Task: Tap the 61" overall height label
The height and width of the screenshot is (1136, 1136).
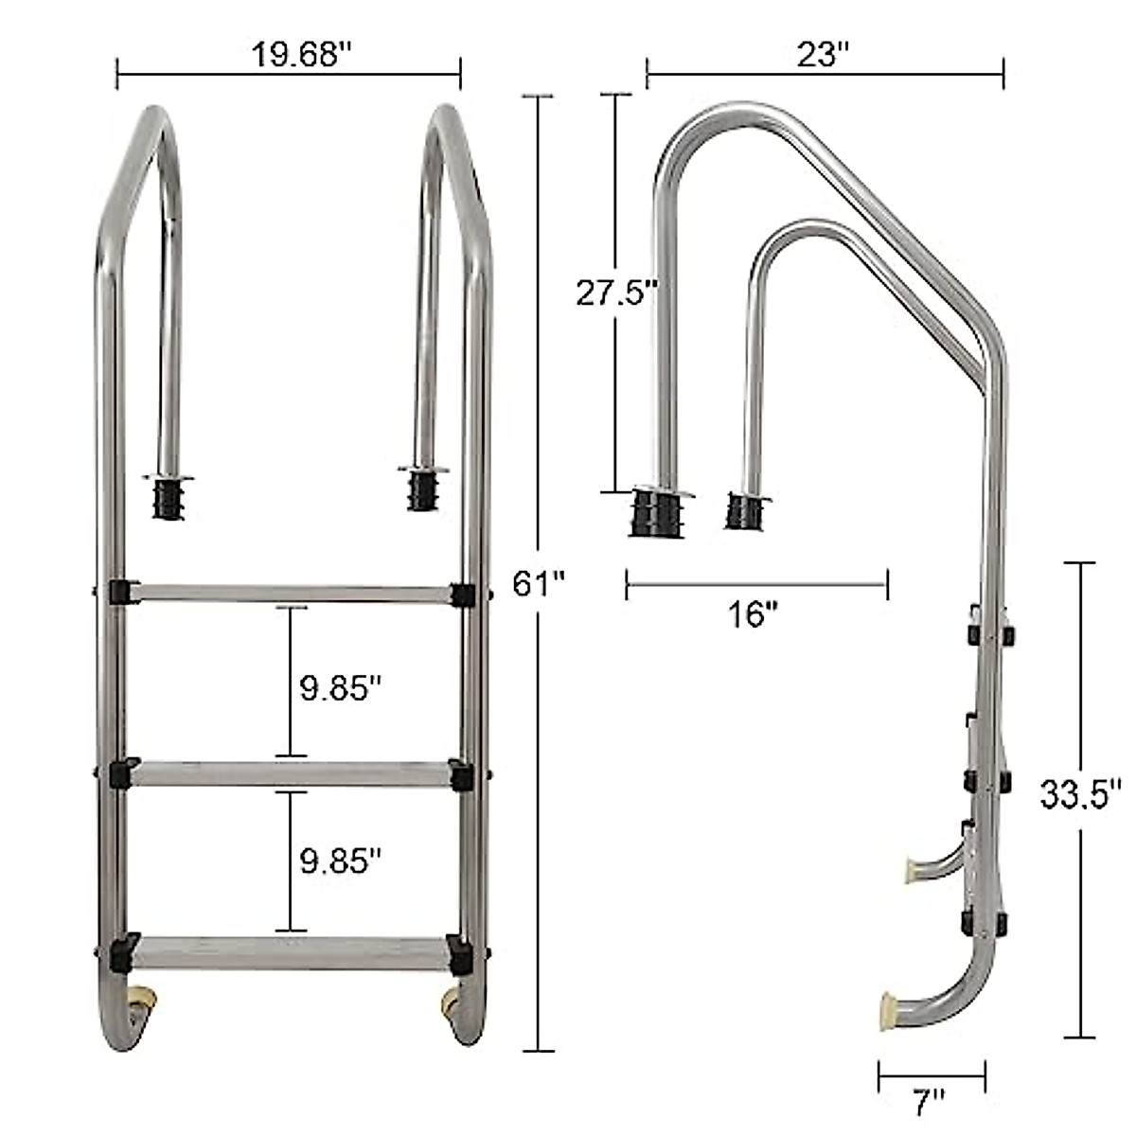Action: (539, 583)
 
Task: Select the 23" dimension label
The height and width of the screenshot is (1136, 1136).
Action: (820, 55)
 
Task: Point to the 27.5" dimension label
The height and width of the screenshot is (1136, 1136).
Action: (616, 293)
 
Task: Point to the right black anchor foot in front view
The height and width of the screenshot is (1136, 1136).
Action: (421, 492)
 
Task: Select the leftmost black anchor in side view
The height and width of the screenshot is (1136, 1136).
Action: (655, 513)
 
